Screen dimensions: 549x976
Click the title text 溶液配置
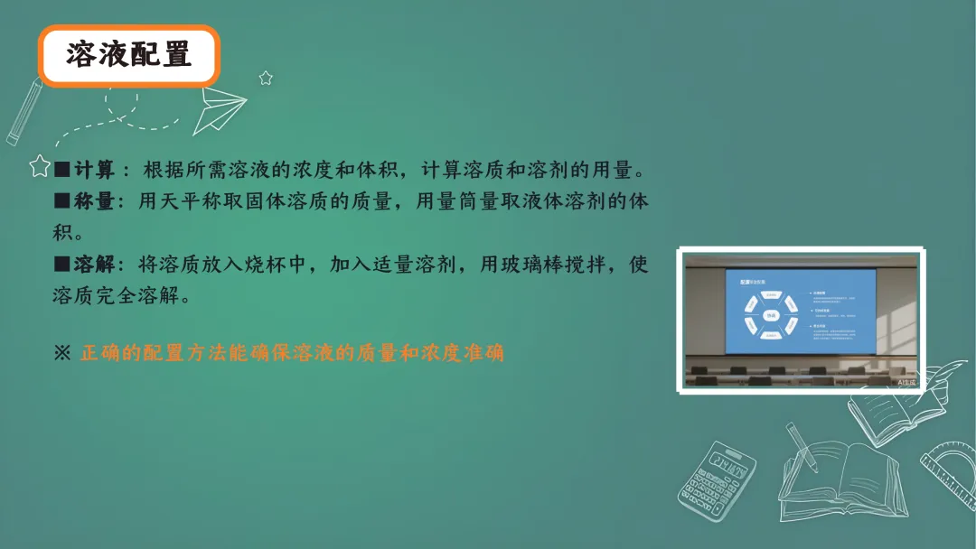pyautogui.click(x=128, y=55)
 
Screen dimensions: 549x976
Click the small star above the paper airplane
pyautogui.click(x=266, y=78)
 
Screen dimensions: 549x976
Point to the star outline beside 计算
pyautogui.click(x=40, y=165)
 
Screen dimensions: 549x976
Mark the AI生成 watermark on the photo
pyautogui.click(x=906, y=382)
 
